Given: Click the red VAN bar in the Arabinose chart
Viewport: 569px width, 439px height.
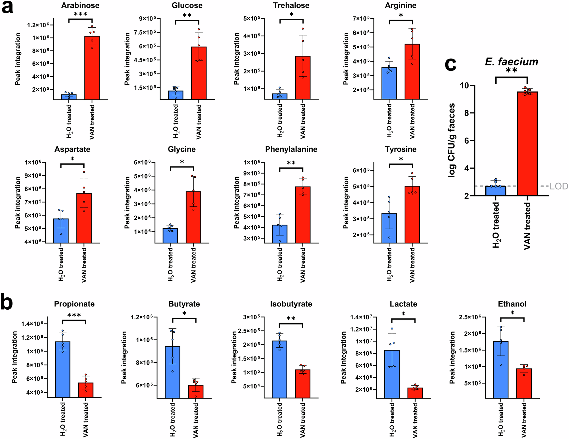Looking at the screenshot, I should click(x=92, y=68).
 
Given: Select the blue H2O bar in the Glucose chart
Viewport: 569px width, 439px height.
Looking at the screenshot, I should click(x=176, y=95).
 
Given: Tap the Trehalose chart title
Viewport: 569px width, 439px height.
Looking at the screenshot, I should click(x=291, y=5).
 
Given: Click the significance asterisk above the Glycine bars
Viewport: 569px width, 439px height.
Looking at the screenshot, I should click(x=182, y=162).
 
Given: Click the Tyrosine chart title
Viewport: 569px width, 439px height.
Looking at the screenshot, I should click(x=401, y=149).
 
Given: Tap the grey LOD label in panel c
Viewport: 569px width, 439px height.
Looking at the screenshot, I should click(x=559, y=186).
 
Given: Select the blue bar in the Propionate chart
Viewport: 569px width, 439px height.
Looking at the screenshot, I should click(x=63, y=370).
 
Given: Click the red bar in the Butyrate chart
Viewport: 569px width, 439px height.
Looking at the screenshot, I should click(x=196, y=391).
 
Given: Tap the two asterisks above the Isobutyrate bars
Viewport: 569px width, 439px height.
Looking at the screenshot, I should click(x=291, y=319).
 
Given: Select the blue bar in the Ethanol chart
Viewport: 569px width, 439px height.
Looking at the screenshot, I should click(x=501, y=370).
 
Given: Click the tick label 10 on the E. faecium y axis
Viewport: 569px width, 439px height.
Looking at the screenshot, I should click(x=465, y=85).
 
